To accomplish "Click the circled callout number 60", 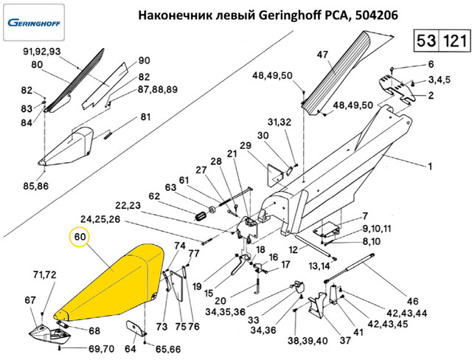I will [x=78, y=237].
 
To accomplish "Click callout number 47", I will [x=322, y=55].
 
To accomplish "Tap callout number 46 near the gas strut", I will [x=412, y=301].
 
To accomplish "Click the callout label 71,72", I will [x=44, y=275].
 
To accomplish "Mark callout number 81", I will [x=145, y=117].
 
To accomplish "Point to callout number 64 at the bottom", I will [x=130, y=349].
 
